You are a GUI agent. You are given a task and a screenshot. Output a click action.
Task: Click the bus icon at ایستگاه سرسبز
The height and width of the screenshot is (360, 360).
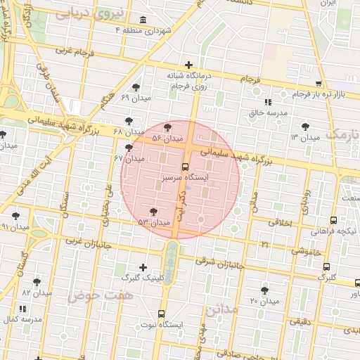(x=185, y=167)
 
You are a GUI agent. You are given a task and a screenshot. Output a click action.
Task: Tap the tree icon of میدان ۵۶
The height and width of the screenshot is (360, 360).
(x=167, y=127)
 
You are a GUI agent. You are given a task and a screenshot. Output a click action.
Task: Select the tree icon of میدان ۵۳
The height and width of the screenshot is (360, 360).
(x=153, y=211)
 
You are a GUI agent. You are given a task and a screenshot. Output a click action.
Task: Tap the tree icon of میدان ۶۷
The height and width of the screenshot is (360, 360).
(x=128, y=148)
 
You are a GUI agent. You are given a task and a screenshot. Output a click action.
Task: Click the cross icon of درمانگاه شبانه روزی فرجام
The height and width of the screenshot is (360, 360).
(x=188, y=65)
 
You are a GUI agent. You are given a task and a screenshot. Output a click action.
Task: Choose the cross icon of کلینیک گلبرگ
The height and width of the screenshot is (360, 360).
(x=143, y=267)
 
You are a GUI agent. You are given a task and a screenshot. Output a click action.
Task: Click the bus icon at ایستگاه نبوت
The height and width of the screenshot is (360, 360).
(x=162, y=314)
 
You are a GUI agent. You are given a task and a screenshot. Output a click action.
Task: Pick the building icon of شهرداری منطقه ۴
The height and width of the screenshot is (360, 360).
(x=143, y=20)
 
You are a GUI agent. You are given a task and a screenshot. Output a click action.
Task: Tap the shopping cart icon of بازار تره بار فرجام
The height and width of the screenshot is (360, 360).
(x=319, y=83)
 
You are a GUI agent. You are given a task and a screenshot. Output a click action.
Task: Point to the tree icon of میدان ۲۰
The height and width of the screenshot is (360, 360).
(x=264, y=290)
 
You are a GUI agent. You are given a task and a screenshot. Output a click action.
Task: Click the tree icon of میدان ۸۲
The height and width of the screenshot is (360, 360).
(x=37, y=281)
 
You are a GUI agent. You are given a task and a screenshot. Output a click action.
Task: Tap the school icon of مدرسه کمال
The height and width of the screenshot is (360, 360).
(x=22, y=309)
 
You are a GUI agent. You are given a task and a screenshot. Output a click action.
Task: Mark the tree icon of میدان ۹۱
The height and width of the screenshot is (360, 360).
(x=15, y=216)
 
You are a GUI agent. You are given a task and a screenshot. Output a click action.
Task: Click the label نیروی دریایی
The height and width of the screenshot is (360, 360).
(x=98, y=12)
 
